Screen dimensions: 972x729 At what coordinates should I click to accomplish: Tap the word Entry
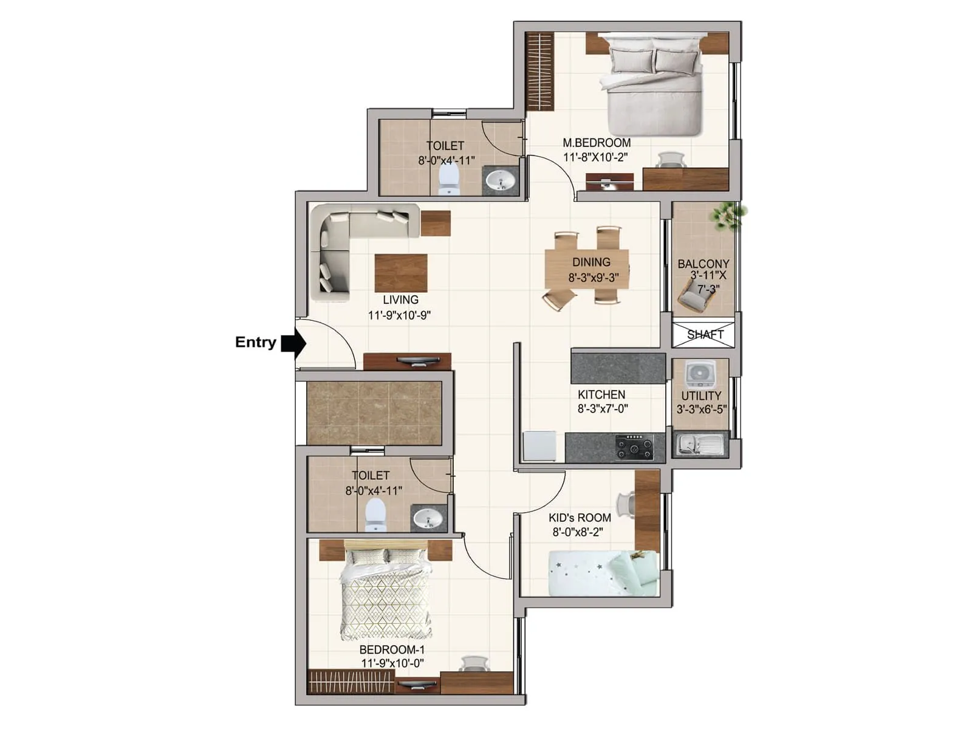256,342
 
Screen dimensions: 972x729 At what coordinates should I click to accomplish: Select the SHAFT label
705,334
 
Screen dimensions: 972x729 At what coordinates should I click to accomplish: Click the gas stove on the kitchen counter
634,448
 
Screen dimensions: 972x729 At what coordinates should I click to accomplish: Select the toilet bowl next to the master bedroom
448,180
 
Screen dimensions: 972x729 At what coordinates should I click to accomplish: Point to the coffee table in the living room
401,273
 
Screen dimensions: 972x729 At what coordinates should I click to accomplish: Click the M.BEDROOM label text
597,143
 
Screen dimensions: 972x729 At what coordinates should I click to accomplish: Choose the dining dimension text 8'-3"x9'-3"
594,278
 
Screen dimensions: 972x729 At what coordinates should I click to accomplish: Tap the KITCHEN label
601,394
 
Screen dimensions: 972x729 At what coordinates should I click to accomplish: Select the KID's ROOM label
580,518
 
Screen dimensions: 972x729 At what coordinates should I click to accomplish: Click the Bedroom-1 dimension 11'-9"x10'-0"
393,663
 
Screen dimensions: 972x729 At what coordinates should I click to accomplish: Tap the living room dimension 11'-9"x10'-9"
399,315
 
